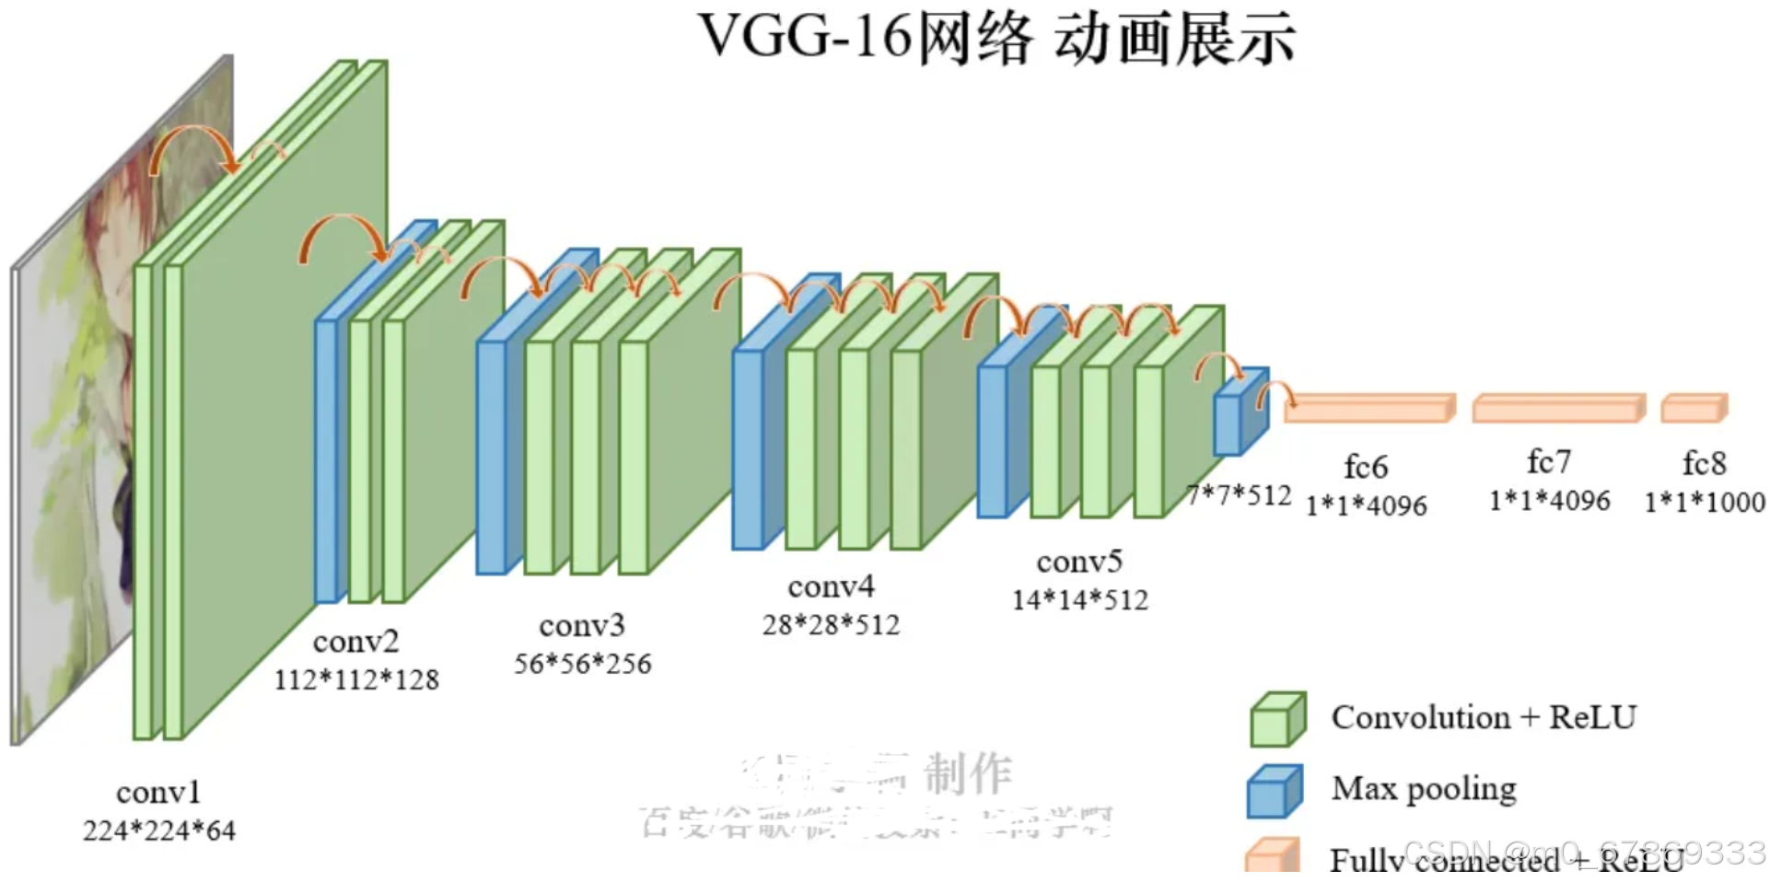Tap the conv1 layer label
tap(158, 792)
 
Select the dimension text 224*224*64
tap(159, 830)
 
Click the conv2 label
tap(355, 641)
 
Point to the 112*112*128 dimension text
tap(356, 679)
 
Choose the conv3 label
tap(582, 625)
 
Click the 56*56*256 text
tap(582, 663)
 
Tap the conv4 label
tap(831, 586)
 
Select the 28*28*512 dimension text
tap(831, 624)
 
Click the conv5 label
tap(1079, 561)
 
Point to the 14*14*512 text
tap(1080, 599)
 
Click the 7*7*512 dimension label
tap(1240, 495)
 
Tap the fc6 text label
tap(1366, 467)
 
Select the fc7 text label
tap(1549, 461)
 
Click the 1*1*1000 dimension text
tap(1705, 502)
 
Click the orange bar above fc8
tap(1694, 408)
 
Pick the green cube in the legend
tap(1277, 719)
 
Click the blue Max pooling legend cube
tap(1275, 791)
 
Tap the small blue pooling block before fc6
tap(1240, 414)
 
